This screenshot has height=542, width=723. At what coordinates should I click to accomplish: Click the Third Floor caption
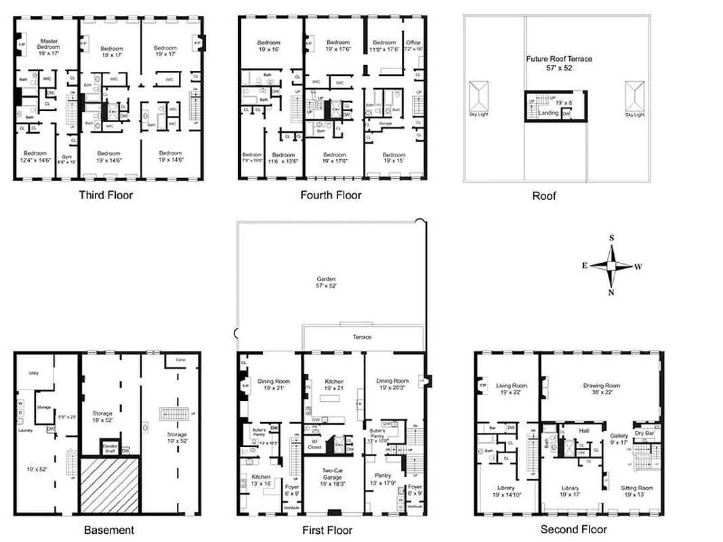coord(106,195)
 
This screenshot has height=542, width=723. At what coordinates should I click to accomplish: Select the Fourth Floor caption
coord(331,195)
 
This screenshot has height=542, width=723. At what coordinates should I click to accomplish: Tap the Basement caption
coord(108,530)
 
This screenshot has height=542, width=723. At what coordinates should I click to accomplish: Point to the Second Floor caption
coord(573,529)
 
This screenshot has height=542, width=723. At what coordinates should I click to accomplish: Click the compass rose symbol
coord(612,266)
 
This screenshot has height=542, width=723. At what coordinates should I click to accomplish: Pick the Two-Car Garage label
coord(331,473)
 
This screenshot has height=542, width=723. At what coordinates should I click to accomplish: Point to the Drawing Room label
coord(602,386)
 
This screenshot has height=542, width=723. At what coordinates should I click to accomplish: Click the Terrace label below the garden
coord(362,337)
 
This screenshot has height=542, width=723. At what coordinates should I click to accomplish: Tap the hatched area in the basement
coord(110,484)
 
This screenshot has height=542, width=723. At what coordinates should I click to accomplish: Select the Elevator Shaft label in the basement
coord(110,448)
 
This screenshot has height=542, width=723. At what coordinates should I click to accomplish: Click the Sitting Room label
coord(637,488)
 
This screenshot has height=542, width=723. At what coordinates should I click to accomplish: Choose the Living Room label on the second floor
coord(512,386)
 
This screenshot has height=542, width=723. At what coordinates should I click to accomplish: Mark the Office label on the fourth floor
coord(413,43)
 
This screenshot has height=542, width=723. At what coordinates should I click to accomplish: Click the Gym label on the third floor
coord(66,157)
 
